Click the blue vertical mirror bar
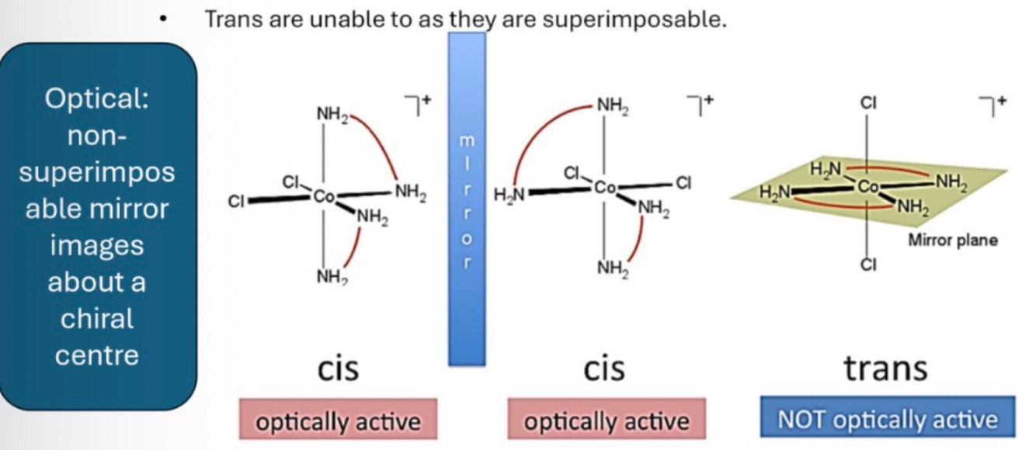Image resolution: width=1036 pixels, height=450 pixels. (x=467, y=198)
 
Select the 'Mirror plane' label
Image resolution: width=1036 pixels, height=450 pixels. (x=953, y=241)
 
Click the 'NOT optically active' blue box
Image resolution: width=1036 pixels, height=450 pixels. (x=887, y=421)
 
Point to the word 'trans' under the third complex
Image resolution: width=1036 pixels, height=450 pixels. (x=885, y=369)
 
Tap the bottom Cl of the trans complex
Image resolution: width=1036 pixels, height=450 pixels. (x=867, y=265)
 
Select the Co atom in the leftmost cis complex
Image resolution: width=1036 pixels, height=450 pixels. (x=324, y=197)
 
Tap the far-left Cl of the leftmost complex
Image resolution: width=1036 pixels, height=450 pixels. (x=235, y=202)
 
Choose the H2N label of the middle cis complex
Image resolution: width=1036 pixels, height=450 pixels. (x=509, y=196)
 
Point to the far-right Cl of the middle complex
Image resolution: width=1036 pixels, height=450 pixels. (x=683, y=183)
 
